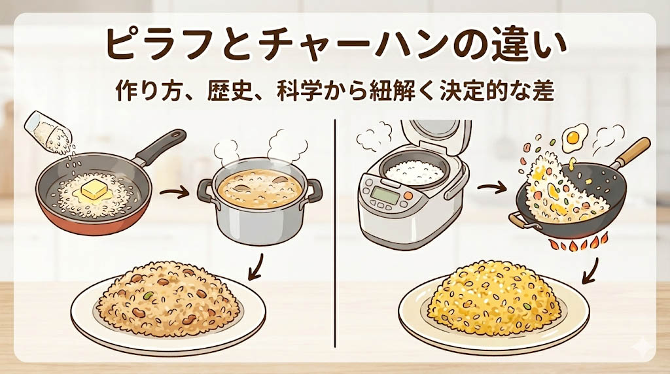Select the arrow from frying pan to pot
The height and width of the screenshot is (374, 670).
[x=174, y=192]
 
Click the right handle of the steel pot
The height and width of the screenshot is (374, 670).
[x=315, y=190]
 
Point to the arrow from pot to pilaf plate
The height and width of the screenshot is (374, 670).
[x=256, y=267]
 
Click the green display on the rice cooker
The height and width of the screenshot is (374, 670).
[x=385, y=195]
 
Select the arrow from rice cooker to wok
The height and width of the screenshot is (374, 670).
[x=492, y=188]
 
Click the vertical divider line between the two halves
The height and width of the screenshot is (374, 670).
[x=336, y=233]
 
